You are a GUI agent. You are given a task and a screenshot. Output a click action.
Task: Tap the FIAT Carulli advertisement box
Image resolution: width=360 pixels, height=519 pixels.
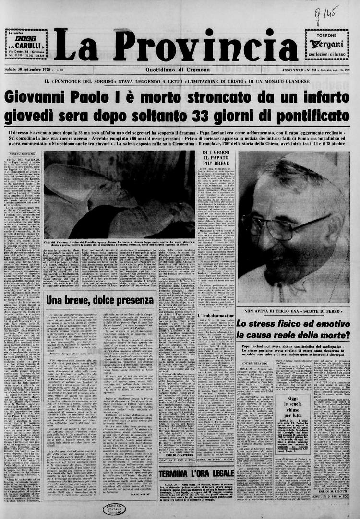point(26,44)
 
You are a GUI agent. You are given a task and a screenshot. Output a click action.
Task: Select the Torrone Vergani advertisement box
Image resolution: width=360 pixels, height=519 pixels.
point(326,44)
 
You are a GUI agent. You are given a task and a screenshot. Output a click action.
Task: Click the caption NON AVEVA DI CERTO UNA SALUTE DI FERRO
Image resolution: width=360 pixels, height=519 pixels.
point(294,311)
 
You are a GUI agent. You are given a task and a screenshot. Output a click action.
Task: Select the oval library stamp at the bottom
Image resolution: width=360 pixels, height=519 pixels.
point(115,509)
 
